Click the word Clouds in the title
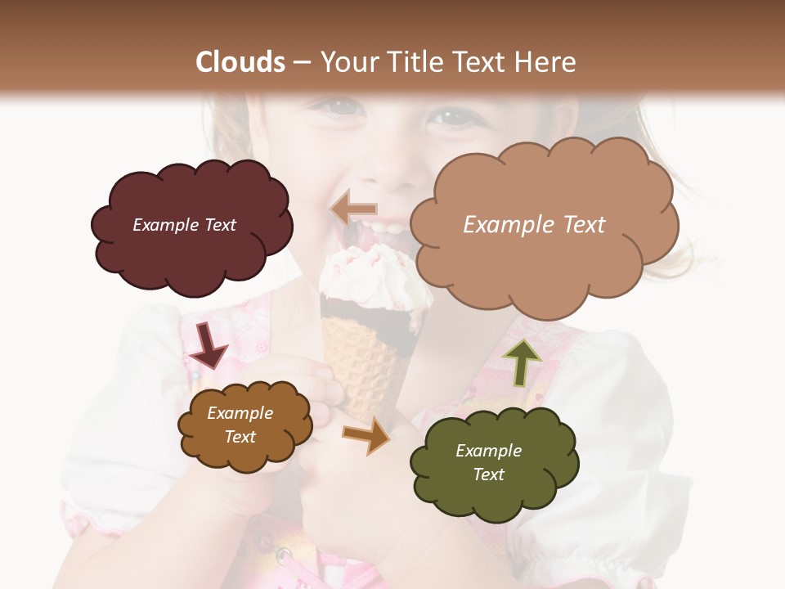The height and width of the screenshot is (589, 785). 240,62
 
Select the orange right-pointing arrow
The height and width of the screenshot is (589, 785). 366,436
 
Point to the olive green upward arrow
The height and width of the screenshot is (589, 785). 522,361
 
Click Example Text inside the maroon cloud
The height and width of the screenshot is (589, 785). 184,225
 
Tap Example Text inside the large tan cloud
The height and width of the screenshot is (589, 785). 534,225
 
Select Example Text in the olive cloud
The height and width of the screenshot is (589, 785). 488,462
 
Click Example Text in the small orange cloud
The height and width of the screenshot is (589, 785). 240,425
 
